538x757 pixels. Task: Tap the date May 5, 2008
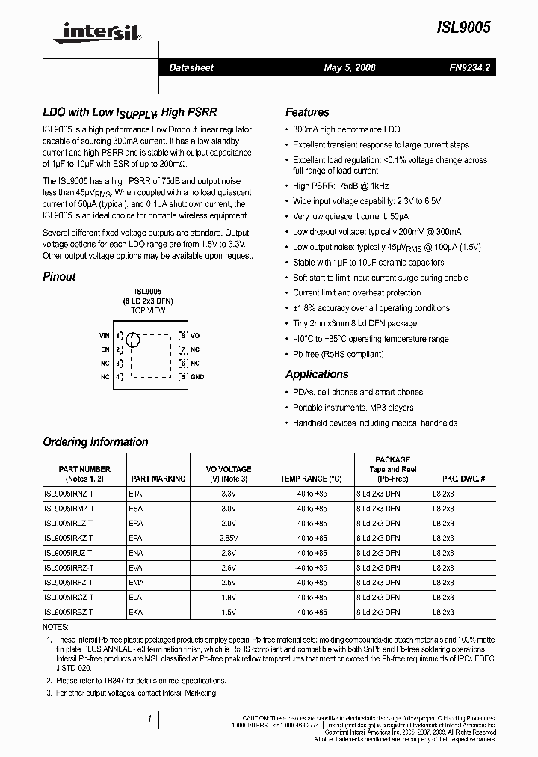pos(349,67)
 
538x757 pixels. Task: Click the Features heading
pos(307,112)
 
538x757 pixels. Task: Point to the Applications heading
pos(317,374)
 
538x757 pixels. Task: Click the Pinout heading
pos(59,276)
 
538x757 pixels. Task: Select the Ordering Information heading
pos(96,441)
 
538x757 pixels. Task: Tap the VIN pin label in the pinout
pos(104,336)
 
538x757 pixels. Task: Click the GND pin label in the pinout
pos(197,377)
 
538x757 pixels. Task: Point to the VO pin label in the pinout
pos(195,336)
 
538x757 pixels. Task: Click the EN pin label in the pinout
pos(105,349)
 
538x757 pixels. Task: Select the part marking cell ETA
pos(135,494)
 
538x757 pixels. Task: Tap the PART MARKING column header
pos(158,479)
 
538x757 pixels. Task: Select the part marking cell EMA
pos(136,582)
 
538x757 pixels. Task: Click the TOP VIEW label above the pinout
pos(148,310)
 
